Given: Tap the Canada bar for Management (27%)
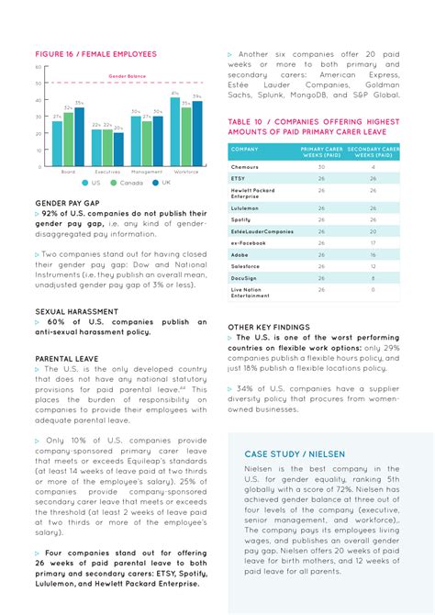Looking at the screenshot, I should pyautogui.click(x=147, y=143).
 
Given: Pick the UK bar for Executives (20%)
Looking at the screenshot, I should pyautogui.click(x=118, y=150).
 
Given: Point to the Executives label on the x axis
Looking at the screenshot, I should pyautogui.click(x=107, y=172).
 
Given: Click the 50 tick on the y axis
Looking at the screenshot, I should pyautogui.click(x=38, y=84).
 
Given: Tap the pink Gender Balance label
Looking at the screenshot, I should pyautogui.click(x=127, y=76).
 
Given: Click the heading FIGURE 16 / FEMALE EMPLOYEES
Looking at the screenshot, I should pyautogui.click(x=95, y=54).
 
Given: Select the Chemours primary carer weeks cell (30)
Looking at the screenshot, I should pyautogui.click(x=321, y=167).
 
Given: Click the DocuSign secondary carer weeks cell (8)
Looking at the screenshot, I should pyautogui.click(x=373, y=277).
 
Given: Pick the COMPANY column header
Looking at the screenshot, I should pyautogui.click(x=245, y=149).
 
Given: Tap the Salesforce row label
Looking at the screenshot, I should pyautogui.click(x=245, y=266).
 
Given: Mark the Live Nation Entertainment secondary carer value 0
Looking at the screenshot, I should pyautogui.click(x=373, y=290).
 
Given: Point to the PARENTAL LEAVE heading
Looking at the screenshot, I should pyautogui.click(x=67, y=358).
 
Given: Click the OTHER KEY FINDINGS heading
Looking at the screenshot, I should pyautogui.click(x=269, y=327).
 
